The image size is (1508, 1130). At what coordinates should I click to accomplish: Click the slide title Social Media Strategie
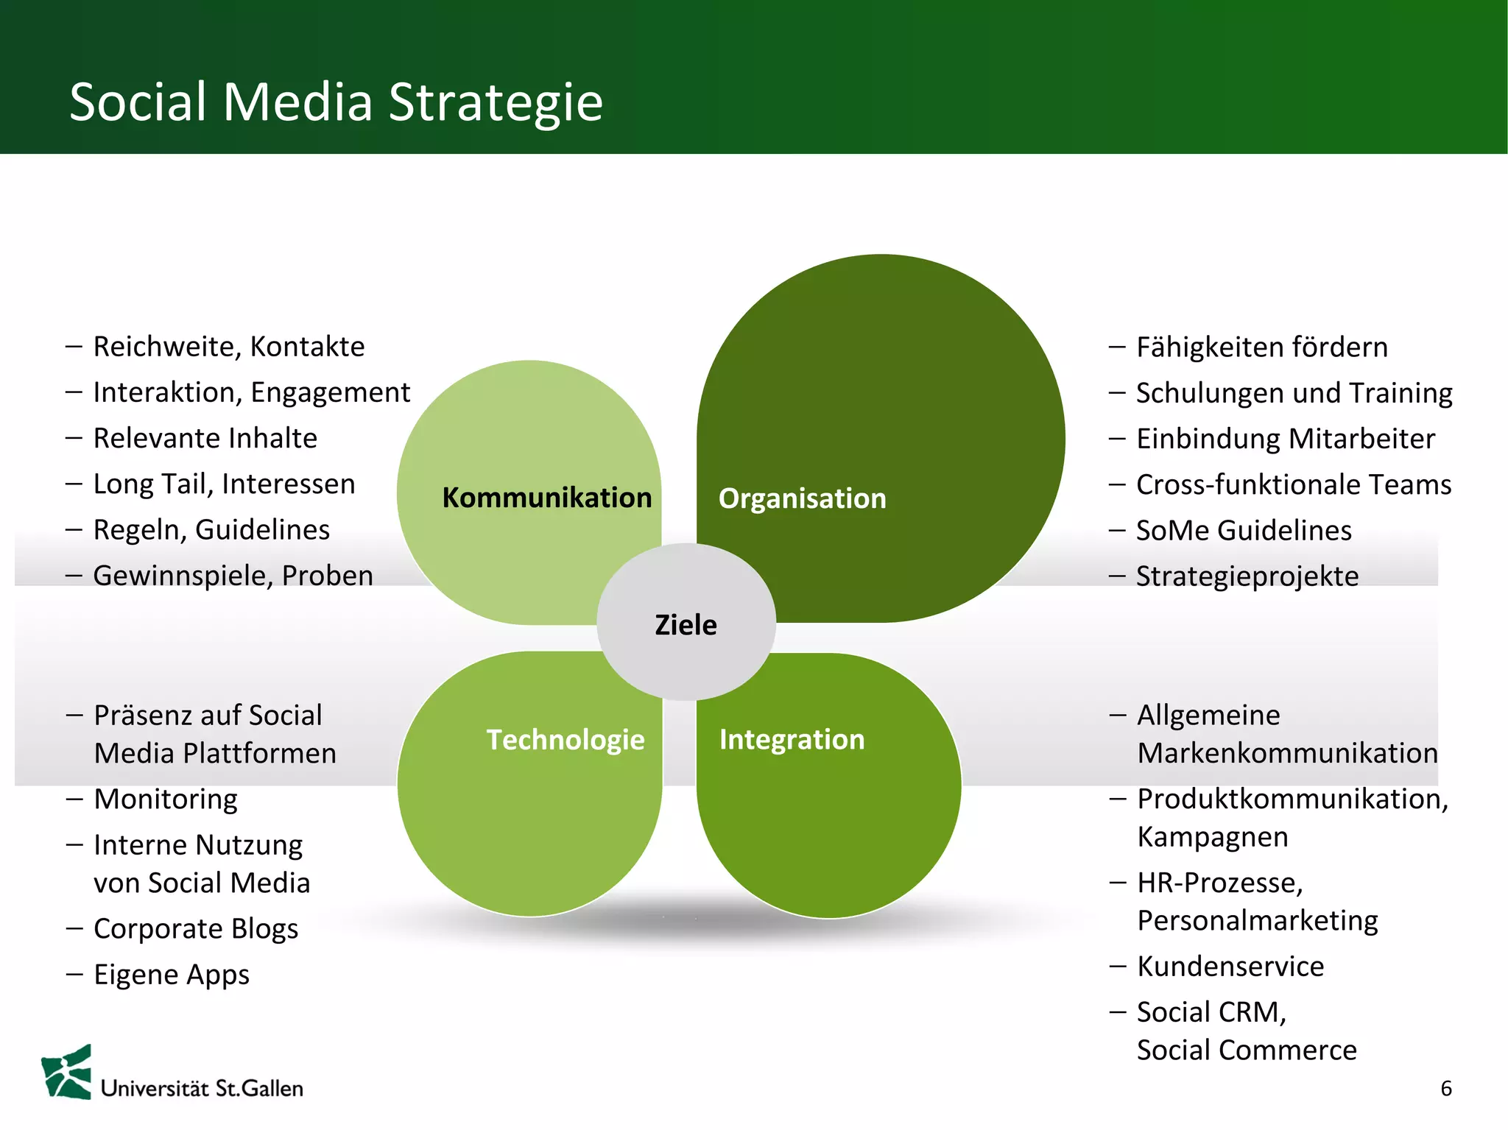336,102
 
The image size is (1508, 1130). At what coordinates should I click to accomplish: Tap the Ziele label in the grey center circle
686,625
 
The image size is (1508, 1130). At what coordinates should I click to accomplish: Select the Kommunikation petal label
546,498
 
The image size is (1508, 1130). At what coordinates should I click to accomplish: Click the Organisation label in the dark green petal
802,498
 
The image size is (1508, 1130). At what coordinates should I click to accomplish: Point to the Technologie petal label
565,740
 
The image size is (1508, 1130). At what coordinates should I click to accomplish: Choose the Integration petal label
792,739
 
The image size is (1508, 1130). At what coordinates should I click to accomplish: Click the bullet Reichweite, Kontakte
228,347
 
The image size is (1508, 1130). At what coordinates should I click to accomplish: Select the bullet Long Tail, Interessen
224,484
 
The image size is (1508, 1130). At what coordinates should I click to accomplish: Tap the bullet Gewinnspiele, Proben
233,576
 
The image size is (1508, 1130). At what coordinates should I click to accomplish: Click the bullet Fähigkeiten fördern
1261,347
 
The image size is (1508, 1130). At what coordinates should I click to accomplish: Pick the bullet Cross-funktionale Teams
1293,484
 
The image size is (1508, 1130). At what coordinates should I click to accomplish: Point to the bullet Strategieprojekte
1247,576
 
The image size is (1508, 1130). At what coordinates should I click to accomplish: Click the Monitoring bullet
166,799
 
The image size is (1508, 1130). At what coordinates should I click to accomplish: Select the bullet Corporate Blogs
196,929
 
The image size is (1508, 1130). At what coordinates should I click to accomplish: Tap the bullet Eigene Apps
172,975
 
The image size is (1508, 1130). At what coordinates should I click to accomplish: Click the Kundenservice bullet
1230,967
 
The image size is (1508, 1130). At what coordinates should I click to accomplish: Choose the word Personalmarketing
1257,921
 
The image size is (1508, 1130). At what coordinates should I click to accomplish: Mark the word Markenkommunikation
1287,753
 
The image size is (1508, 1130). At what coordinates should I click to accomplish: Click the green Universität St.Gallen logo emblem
68,1073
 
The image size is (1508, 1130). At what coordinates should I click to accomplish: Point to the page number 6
1445,1088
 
